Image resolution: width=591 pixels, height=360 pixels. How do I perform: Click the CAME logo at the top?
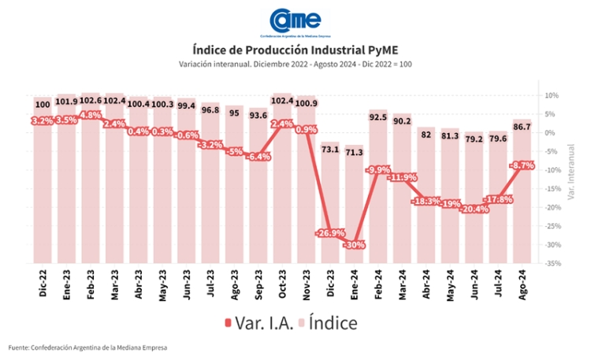coord(295,21)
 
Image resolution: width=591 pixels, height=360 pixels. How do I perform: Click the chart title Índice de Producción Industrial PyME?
coord(295,49)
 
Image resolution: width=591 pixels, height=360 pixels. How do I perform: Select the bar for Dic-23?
coord(331,205)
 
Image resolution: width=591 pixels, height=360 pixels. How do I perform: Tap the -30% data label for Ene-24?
coord(354,245)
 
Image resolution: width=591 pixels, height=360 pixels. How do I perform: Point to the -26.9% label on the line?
coord(331,233)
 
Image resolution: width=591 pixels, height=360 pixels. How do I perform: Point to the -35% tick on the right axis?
coord(551,263)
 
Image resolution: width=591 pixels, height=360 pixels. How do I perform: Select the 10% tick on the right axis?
coord(552,95)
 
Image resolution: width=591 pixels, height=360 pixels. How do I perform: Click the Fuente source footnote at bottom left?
coord(88,347)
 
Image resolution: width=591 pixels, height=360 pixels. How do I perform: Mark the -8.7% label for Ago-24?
coord(522,165)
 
